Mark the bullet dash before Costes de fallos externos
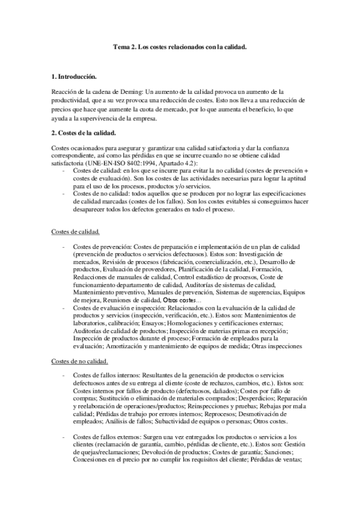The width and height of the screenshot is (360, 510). pyautogui.click(x=64, y=436)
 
